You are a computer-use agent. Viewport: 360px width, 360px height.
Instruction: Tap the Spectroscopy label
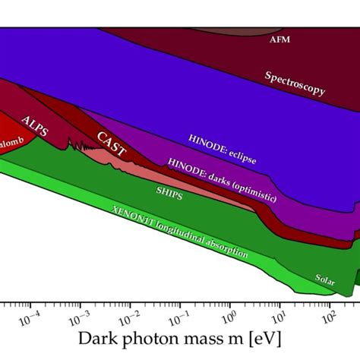pyautogui.click(x=295, y=84)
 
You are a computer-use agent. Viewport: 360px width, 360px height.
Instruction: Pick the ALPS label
pyautogui.click(x=36, y=125)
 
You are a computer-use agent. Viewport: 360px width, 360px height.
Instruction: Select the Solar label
pyautogui.click(x=325, y=279)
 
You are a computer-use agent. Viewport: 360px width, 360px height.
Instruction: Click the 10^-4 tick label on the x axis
pyautogui.click(x=30, y=314)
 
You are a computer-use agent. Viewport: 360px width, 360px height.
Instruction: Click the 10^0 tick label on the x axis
pyautogui.click(x=231, y=314)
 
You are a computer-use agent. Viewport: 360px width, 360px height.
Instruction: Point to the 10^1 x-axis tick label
pyautogui.click(x=280, y=314)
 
